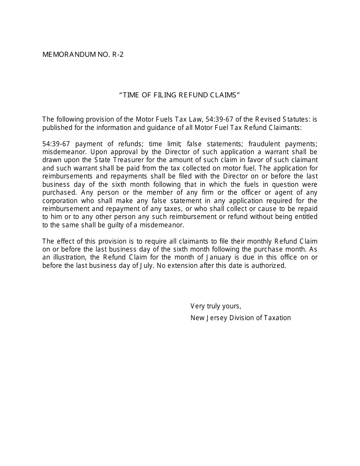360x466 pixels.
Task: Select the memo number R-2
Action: click(x=118, y=55)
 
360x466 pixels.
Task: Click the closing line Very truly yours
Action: click(x=216, y=306)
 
